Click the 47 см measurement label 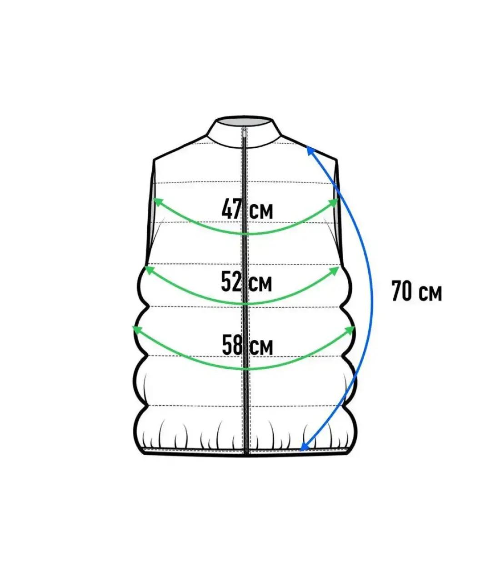point(247,208)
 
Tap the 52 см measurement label point(246,281)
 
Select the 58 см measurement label point(247,345)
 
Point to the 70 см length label point(416,291)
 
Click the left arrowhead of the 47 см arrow point(158,201)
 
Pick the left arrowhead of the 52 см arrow point(150,270)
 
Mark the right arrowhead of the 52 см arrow point(334,271)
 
